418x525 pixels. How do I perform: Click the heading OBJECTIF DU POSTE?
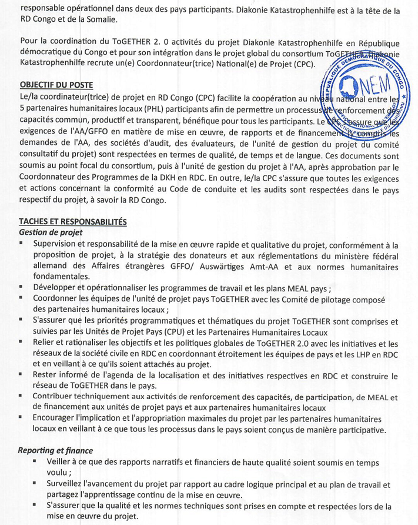56,85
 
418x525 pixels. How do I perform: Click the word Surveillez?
71,484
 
